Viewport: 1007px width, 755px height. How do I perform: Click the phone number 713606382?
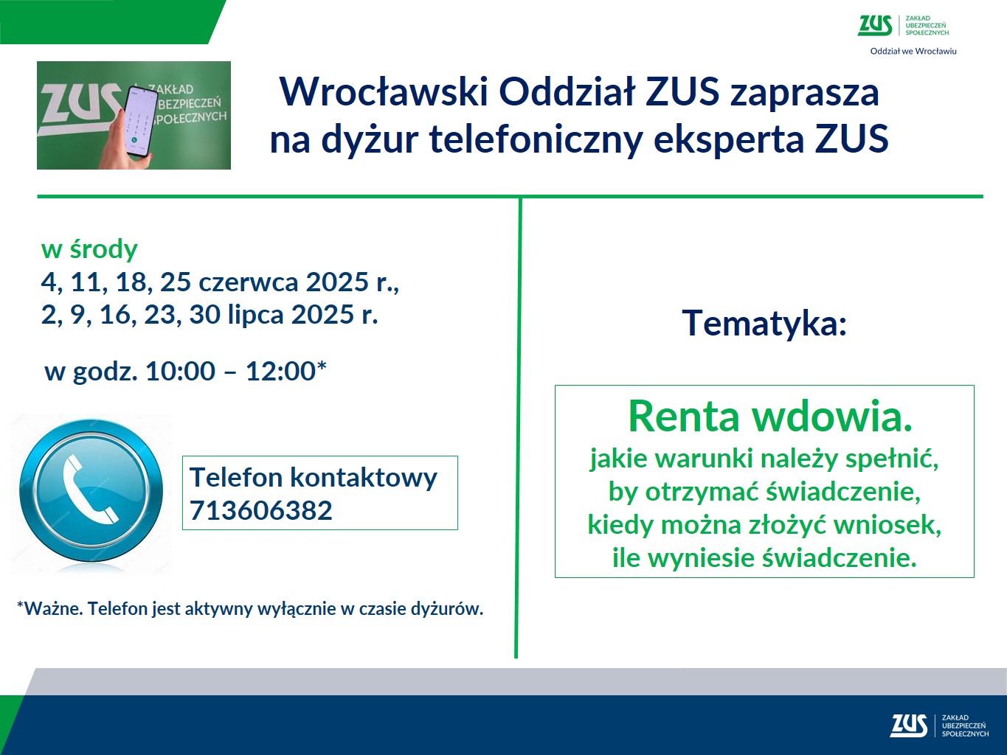tap(260, 510)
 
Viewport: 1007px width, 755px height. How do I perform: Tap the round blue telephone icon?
tap(91, 490)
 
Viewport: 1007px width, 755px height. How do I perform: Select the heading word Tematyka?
tap(764, 323)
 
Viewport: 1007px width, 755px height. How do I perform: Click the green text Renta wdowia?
tap(770, 417)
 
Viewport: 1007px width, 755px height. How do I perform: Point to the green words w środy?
tap(89, 249)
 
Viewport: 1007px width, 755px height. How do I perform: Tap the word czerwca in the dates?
tap(248, 282)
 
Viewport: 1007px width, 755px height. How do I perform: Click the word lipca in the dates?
tap(255, 315)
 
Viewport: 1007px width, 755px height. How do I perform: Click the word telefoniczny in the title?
tap(536, 140)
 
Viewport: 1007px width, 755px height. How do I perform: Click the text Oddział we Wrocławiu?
tap(913, 52)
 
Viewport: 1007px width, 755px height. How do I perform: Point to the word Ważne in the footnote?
tap(53, 609)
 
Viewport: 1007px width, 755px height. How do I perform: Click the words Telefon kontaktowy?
tap(314, 478)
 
